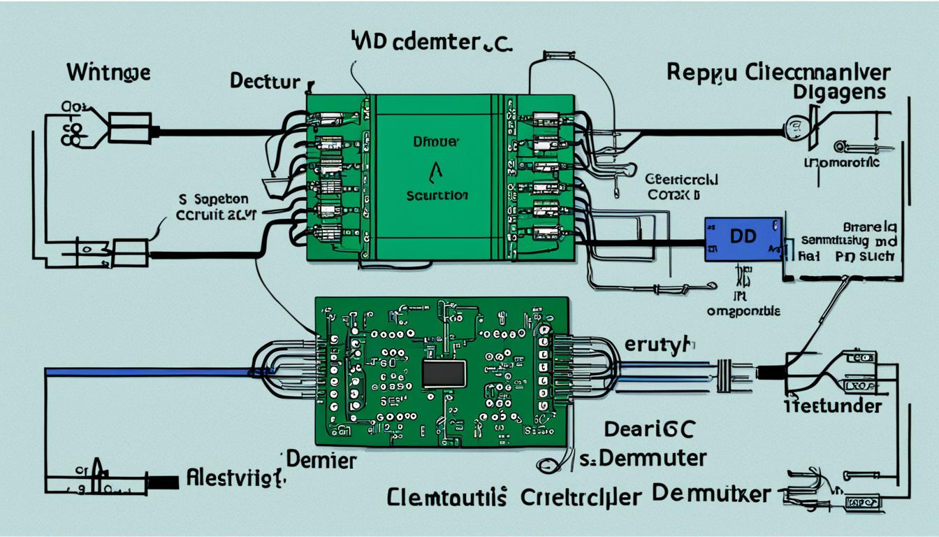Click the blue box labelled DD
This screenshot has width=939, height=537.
click(x=742, y=238)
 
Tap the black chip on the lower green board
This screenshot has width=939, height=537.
click(x=444, y=374)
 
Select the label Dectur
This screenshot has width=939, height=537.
click(x=265, y=81)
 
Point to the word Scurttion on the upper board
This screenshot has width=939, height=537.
click(x=437, y=196)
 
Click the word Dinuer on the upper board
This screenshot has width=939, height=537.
click(x=437, y=142)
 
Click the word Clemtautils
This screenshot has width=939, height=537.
click(x=448, y=498)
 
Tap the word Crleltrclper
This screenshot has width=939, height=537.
click(x=581, y=498)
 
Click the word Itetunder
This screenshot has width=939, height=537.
click(x=831, y=406)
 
